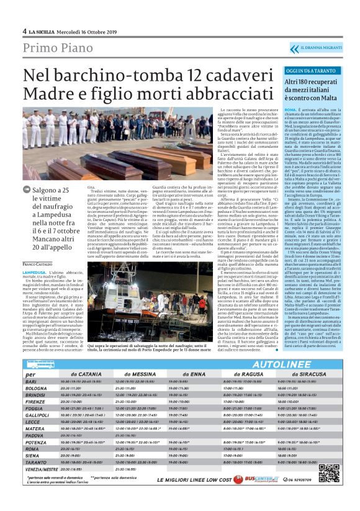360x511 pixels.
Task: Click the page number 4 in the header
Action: point(24,31)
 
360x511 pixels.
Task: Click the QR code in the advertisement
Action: point(328,473)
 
